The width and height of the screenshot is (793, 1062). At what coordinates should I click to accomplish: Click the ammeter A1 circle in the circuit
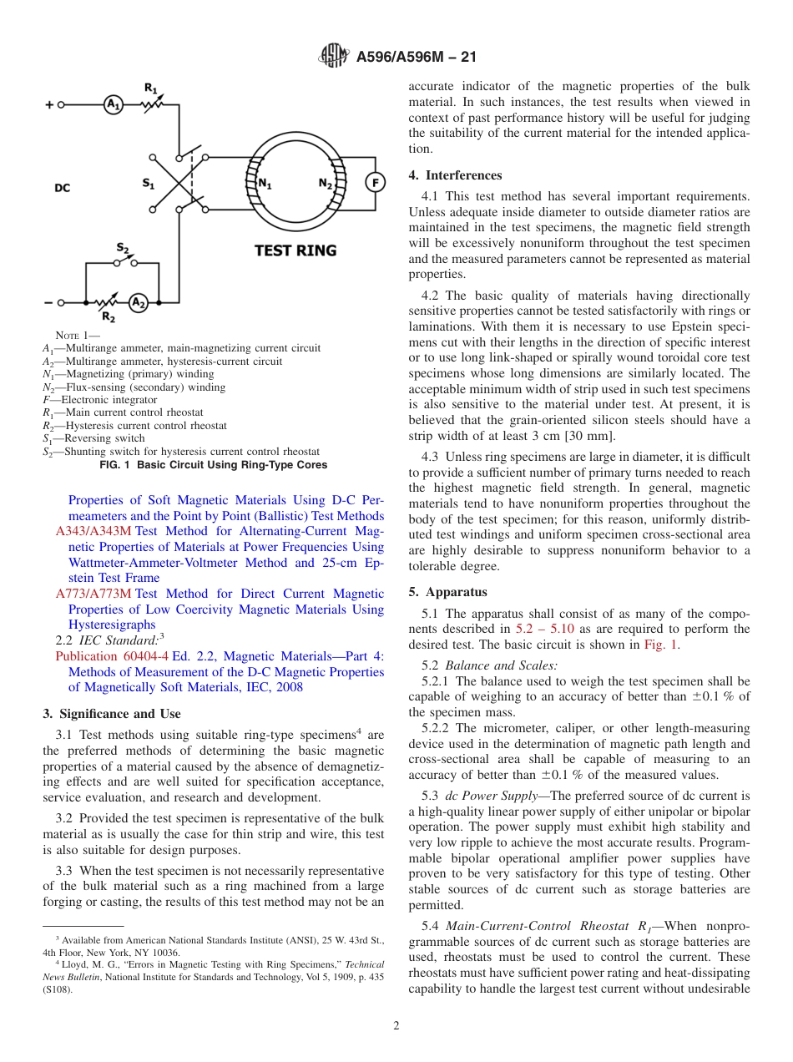(x=113, y=104)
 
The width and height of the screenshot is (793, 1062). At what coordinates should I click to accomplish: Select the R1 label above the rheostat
(x=150, y=87)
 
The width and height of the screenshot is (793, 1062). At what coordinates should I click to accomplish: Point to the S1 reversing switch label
(x=149, y=183)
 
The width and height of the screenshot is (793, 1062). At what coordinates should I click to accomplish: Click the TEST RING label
(x=295, y=250)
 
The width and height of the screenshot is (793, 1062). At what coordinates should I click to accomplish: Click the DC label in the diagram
(x=63, y=189)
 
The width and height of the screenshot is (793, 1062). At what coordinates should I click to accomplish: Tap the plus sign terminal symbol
(x=49, y=105)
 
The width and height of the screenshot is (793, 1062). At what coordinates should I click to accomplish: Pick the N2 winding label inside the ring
(x=326, y=184)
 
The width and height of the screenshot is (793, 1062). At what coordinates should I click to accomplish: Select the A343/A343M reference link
(x=93, y=531)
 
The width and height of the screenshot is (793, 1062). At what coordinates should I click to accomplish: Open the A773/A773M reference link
(x=93, y=594)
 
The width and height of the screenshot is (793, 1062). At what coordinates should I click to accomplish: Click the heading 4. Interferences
(x=455, y=175)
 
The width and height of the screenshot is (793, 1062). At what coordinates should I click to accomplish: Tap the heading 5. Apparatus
(x=447, y=592)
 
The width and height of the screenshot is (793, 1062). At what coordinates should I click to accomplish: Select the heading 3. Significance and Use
(x=111, y=714)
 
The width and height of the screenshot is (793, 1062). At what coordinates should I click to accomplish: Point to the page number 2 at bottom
(x=396, y=1026)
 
